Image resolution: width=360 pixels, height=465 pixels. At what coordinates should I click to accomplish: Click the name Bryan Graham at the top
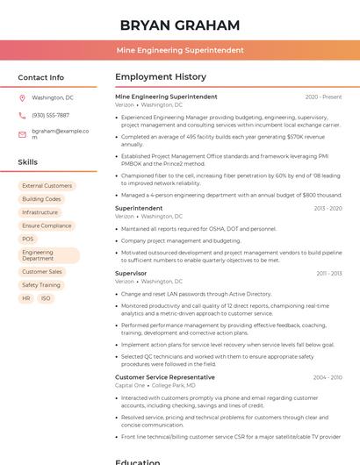coord(179,25)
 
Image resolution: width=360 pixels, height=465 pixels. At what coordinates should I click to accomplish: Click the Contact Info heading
coord(41,77)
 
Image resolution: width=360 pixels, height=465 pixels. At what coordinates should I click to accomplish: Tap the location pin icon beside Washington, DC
coord(22,98)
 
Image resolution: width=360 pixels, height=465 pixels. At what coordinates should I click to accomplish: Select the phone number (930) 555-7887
coord(50,115)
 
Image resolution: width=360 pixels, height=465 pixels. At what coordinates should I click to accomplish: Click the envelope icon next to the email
coord(22,134)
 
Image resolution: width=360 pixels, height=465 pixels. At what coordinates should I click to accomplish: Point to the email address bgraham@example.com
coord(60,134)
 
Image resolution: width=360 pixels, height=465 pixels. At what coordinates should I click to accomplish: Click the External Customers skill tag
coord(47,186)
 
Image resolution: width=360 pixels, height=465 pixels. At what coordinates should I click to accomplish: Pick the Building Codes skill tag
coord(41,199)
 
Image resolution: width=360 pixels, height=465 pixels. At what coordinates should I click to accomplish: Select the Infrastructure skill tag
coord(40,212)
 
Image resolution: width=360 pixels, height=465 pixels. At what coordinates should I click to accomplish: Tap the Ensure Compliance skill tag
coord(47,225)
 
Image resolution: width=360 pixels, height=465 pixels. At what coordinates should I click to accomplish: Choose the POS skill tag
coord(28,239)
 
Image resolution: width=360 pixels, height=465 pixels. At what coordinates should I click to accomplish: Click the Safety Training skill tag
coord(41,285)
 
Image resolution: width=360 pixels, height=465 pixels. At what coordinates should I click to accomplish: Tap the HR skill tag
coord(25,298)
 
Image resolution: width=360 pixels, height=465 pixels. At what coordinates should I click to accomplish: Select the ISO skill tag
coord(46,298)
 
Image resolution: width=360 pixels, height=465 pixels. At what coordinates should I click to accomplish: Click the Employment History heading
coord(161,77)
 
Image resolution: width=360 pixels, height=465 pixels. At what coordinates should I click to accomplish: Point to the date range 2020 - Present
coord(323,97)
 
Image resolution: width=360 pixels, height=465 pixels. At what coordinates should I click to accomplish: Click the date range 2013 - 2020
coord(327,209)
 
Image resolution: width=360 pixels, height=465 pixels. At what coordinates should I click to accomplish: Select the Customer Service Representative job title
coord(164,377)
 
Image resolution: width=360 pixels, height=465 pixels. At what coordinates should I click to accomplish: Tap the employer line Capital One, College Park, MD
coord(155,385)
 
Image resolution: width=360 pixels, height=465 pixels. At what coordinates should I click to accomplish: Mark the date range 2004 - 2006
coord(327,377)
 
